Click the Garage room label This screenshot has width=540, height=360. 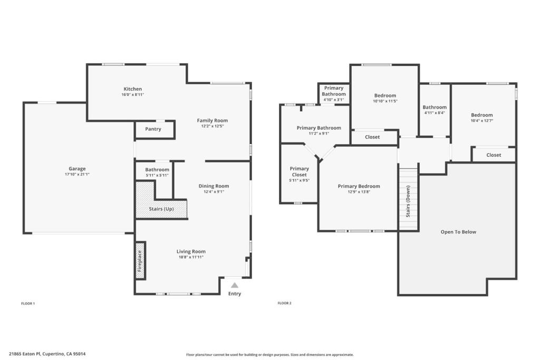[x=77, y=169]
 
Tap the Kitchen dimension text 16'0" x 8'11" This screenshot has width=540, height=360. [x=132, y=95]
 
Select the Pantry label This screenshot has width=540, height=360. [x=153, y=129]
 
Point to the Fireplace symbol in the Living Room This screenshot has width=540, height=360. [x=140, y=260]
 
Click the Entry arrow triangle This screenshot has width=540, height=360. [x=235, y=285]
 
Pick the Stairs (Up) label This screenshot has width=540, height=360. [x=161, y=209]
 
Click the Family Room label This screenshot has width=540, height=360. [x=212, y=121]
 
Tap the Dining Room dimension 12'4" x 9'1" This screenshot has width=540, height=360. [x=214, y=192]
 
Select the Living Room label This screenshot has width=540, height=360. [x=191, y=251]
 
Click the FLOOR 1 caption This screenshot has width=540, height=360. [x=28, y=304]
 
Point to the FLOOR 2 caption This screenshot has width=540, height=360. [x=284, y=303]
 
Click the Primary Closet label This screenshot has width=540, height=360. [x=300, y=171]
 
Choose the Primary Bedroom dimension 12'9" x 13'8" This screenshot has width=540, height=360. [x=359, y=192]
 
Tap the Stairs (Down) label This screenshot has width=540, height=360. [x=408, y=201]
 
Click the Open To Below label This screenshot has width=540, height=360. [x=458, y=232]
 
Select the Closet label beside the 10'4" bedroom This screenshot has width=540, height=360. [x=494, y=155]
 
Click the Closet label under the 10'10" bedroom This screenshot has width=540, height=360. [x=372, y=137]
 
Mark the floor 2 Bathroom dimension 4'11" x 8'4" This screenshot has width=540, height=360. [x=435, y=113]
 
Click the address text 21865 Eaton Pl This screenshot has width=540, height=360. [x=25, y=354]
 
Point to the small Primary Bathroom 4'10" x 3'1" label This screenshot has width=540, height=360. [x=334, y=94]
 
